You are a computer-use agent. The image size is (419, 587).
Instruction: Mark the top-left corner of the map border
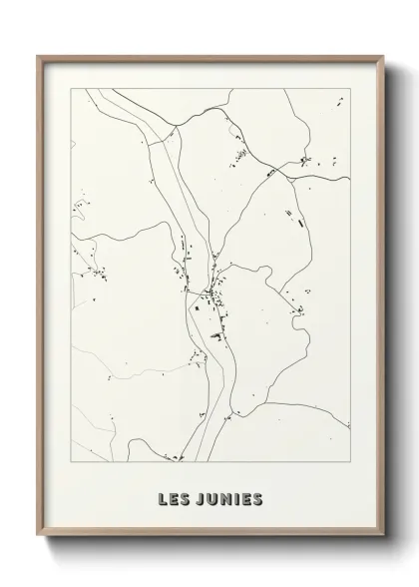pyautogui.click(x=69, y=87)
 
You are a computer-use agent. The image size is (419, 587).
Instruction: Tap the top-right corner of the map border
pyautogui.click(x=351, y=87)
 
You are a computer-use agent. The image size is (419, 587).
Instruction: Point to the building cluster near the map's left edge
pyautogui.click(x=98, y=273)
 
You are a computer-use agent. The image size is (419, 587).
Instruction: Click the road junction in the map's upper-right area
pyautogui.click(x=286, y=176)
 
